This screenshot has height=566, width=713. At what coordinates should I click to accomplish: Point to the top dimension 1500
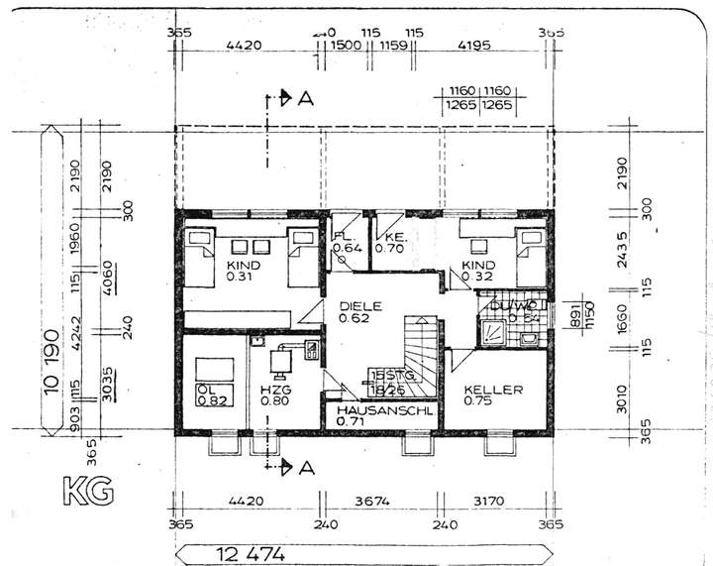point(345,46)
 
